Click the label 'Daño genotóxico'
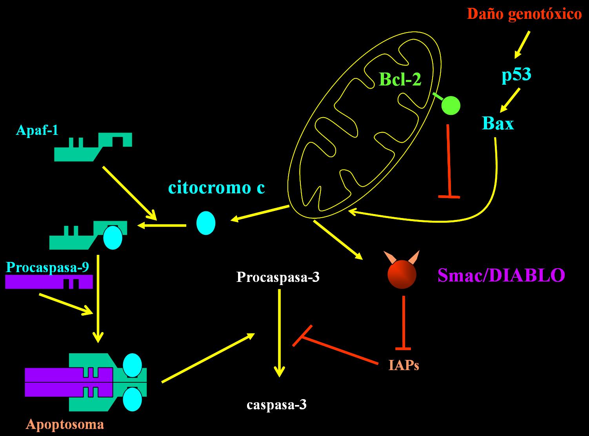(x=524, y=15)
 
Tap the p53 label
(x=516, y=74)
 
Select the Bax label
(x=498, y=124)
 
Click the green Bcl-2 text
(x=400, y=80)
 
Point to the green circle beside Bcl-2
(x=451, y=105)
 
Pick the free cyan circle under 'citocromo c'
(x=206, y=223)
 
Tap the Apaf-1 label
(x=37, y=130)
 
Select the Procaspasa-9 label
(x=47, y=267)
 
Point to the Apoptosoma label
(x=65, y=424)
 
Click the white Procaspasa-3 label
(x=278, y=277)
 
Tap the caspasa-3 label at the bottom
(x=276, y=405)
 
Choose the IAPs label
(x=404, y=365)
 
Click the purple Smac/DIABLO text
(x=501, y=275)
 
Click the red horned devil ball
(x=402, y=274)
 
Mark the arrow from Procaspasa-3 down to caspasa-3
(x=279, y=333)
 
